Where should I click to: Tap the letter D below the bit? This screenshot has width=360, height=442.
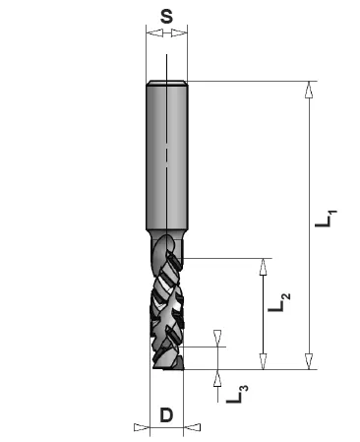pos(166,415)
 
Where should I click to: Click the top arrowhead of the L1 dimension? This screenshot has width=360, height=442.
pos(309,90)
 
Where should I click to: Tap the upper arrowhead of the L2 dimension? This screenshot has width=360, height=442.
pos(263,267)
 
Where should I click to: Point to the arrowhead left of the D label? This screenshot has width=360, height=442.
pos(141,427)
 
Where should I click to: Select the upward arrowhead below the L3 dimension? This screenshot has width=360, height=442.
pos(217,378)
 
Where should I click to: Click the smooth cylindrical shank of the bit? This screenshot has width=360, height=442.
pos(166,158)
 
